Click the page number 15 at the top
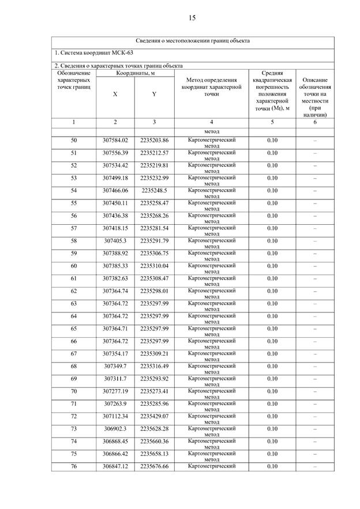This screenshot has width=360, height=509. coord(192,18)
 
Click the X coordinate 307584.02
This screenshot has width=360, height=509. coord(115,140)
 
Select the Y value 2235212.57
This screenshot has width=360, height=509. coord(154,153)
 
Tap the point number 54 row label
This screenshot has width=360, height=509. coord(74,190)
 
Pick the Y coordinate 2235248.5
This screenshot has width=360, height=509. coord(154,190)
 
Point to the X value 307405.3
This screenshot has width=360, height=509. coord(115,240)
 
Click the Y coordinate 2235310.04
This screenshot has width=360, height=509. coord(154,266)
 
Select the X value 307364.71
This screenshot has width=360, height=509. coord(115,329)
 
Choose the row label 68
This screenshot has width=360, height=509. coord(74,366)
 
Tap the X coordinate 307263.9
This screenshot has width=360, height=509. coord(115,404)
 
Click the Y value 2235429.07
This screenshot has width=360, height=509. coord(154,416)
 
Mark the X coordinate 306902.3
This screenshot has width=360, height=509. coord(115,429)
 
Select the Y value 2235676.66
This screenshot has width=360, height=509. coord(154,466)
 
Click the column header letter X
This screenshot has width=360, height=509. coord(115,93)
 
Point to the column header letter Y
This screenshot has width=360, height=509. coord(154,93)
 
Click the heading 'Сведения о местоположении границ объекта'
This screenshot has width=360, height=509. coord(193,42)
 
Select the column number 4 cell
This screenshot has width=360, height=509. coord(212,122)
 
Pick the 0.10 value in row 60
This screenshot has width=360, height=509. coord(272,266)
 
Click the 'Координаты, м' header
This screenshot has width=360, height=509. coord(135,73)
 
